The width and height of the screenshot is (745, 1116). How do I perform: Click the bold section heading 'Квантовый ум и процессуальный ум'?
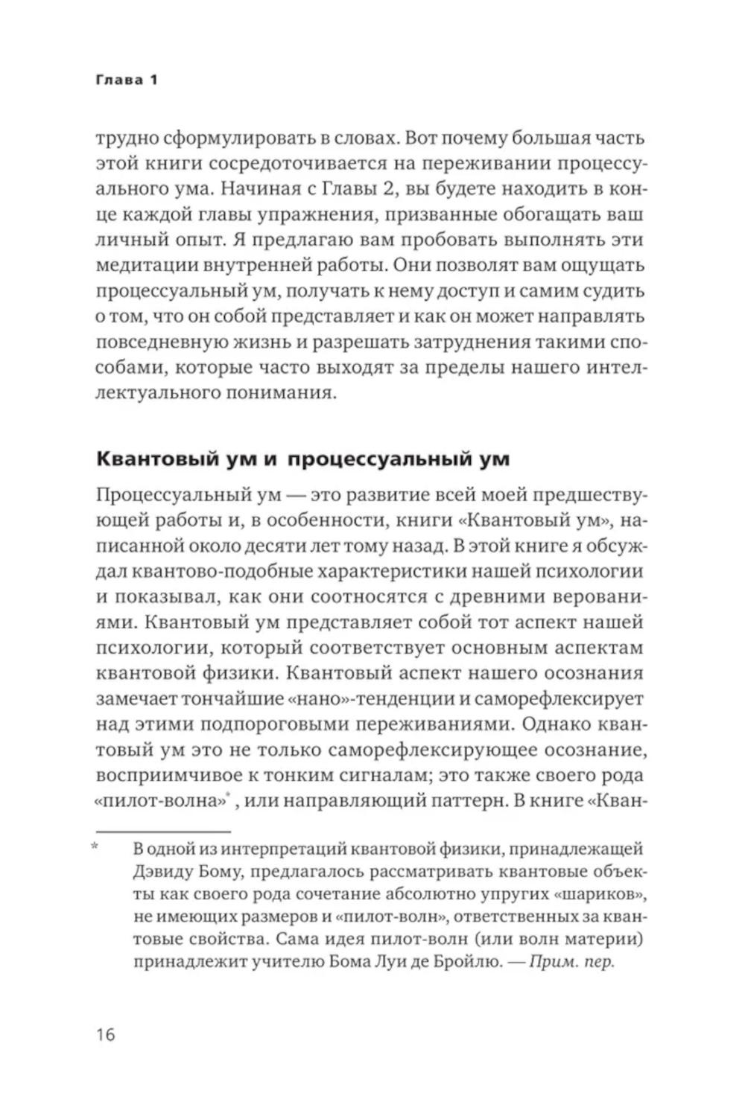tap(303, 459)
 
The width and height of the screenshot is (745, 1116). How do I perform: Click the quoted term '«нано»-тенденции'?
tap(372, 699)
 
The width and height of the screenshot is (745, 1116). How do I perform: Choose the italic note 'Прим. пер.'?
tap(572, 961)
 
